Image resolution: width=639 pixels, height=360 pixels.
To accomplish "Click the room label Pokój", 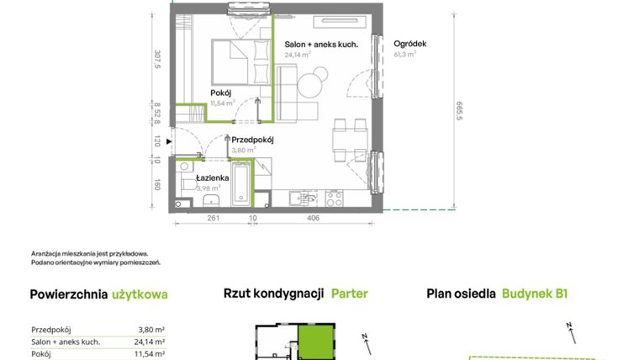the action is pyautogui.click(x=221, y=93).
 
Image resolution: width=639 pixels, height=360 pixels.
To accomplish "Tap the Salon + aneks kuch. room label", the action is pyautogui.click(x=321, y=45).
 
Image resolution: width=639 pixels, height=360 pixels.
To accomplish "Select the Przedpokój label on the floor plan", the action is pyautogui.click(x=252, y=140).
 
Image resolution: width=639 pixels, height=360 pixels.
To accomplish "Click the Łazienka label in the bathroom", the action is pyautogui.click(x=213, y=178).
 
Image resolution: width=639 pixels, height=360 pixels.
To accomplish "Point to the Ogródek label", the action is pyautogui.click(x=410, y=44).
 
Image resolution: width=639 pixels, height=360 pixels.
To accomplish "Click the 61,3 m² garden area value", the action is pyautogui.click(x=404, y=54).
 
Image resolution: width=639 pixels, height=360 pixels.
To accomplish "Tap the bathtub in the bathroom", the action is pyautogui.click(x=240, y=184).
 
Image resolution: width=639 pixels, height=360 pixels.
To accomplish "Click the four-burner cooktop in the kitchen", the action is pyautogui.click(x=334, y=199).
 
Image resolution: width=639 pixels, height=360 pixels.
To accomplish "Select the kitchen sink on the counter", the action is pyautogui.click(x=303, y=199).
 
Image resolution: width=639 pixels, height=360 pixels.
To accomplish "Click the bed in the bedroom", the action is pyautogui.click(x=240, y=62).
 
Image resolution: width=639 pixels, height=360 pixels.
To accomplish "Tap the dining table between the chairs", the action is pyautogui.click(x=350, y=140).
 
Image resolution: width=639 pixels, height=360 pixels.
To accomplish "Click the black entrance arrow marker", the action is pyautogui.click(x=169, y=141).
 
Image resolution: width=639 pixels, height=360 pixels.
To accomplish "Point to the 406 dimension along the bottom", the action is pyautogui.click(x=313, y=218).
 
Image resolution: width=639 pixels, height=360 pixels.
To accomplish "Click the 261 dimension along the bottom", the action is pyautogui.click(x=214, y=218).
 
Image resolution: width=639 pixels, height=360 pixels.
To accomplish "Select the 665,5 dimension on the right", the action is pyautogui.click(x=460, y=111).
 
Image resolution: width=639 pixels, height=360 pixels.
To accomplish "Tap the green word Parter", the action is pyautogui.click(x=349, y=294).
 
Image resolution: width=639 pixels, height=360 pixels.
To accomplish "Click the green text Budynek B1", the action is pyautogui.click(x=534, y=294).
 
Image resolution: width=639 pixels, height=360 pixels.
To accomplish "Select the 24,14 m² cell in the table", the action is pyautogui.click(x=149, y=341).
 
